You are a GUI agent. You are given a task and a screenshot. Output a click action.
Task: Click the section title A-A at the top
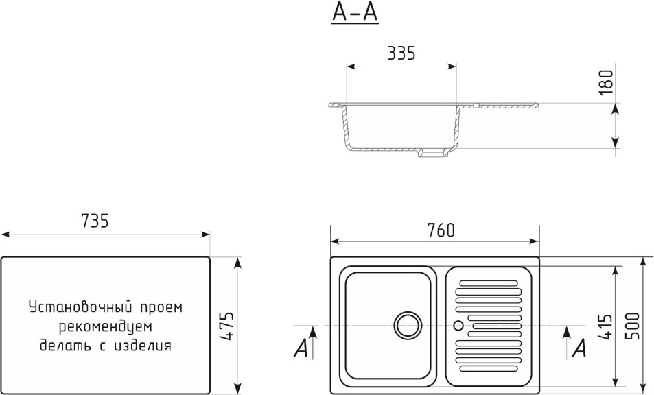click(x=355, y=12)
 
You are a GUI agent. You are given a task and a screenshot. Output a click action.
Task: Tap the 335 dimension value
click(x=401, y=53)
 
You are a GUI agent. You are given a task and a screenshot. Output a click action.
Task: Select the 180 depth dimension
click(x=607, y=82)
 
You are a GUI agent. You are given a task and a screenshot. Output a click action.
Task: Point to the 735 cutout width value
click(x=95, y=221)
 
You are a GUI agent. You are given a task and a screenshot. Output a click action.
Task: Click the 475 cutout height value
click(x=227, y=326)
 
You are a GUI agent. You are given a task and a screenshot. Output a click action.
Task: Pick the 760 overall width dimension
click(x=441, y=230)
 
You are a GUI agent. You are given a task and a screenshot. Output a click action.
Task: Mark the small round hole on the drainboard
click(x=458, y=325)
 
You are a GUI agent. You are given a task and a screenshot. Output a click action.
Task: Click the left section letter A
click(x=301, y=348)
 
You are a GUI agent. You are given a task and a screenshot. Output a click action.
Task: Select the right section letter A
click(x=579, y=348)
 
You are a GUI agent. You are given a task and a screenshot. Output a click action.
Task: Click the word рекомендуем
click(x=106, y=326)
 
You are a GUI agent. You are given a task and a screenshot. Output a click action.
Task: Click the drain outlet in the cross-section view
click(x=433, y=154)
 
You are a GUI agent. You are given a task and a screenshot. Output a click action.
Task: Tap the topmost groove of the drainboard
click(x=489, y=283)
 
